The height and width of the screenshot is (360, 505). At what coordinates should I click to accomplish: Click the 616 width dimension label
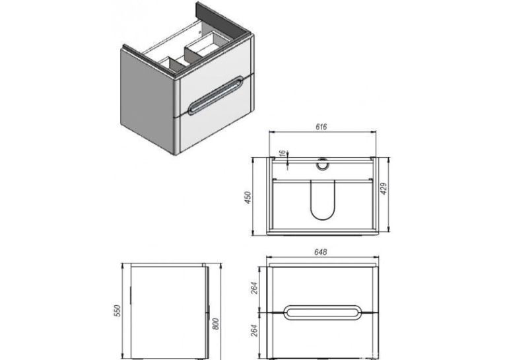coord(321,127)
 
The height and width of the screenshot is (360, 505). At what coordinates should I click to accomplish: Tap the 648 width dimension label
coord(321,252)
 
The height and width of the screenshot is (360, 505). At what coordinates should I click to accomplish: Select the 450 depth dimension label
coord(248,198)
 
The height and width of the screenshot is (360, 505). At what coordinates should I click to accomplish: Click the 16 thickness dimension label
coord(282,154)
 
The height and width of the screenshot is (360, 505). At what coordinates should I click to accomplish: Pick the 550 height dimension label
coord(118,310)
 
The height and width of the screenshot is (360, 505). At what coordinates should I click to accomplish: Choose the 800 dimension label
coord(216,324)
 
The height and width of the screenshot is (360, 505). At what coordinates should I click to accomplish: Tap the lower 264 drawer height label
coord(254,331)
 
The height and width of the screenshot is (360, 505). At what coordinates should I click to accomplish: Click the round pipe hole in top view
coord(321,164)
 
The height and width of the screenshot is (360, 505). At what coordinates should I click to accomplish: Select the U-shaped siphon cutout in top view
coord(322,200)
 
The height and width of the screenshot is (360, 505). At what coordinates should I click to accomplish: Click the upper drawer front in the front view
coord(323,289)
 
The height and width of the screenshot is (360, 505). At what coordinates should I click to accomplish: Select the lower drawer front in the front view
coord(323,336)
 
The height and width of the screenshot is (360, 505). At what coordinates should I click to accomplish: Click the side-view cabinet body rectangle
coord(168,311)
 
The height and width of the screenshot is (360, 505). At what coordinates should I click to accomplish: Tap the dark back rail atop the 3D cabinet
coord(224,18)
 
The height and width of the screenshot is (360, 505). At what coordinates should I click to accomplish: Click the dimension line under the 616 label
coord(322,131)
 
